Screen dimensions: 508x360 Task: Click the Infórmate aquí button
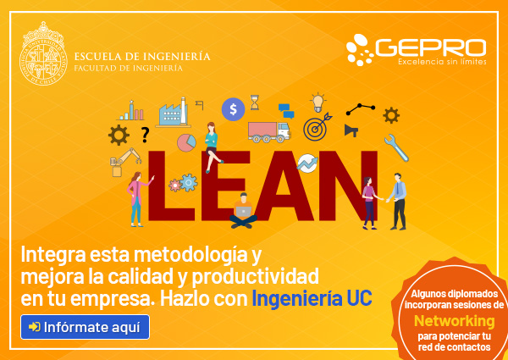(x=85, y=327)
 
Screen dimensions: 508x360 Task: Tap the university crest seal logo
(x=43, y=53)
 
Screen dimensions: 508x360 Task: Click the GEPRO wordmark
(x=431, y=48)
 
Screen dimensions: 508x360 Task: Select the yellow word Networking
(x=454, y=321)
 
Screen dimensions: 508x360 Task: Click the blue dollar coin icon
(x=233, y=109)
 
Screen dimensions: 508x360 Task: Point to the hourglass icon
(x=255, y=102)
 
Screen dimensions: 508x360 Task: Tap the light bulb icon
(x=317, y=102)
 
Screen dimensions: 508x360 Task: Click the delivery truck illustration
(x=269, y=132)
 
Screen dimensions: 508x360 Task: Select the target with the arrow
(x=317, y=127)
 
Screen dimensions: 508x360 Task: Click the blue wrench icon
(x=396, y=147)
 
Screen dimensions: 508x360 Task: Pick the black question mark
(x=145, y=135)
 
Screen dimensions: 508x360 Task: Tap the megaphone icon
(x=351, y=130)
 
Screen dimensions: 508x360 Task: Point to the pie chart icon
(x=186, y=142)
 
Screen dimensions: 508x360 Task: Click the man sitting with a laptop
(x=243, y=211)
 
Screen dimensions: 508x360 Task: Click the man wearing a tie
(x=398, y=202)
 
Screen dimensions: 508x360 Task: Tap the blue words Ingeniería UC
(x=312, y=298)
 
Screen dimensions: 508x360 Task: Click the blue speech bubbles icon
(x=286, y=111)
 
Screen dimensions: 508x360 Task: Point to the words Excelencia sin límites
(x=442, y=61)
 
